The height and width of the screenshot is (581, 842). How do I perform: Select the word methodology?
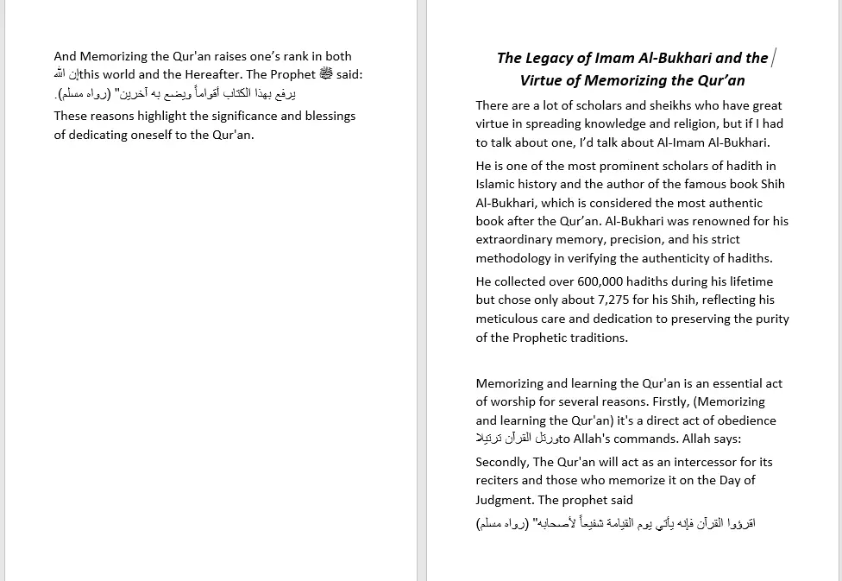(514, 258)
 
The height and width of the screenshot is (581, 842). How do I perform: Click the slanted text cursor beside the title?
(774, 58)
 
